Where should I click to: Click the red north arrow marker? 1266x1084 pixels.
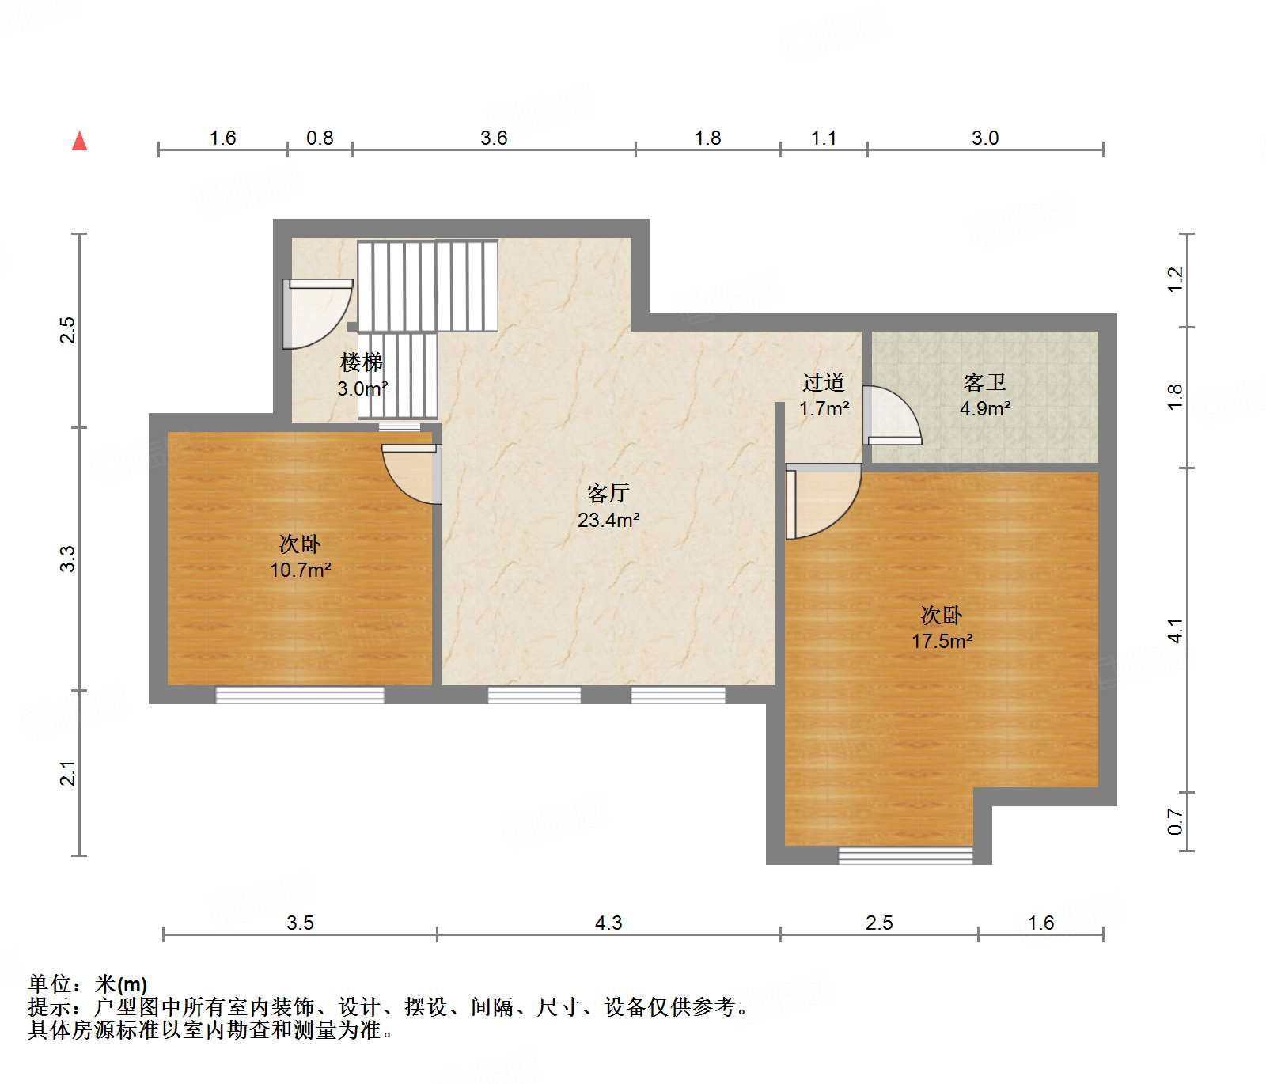79,141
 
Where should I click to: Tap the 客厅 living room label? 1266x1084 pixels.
608,494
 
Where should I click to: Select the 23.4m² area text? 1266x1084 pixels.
608,520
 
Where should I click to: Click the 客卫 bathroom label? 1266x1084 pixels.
985,383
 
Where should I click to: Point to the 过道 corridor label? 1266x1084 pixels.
824,383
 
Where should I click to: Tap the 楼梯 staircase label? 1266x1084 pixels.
362,362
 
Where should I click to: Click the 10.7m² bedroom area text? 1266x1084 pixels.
300,570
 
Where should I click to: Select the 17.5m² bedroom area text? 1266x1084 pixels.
942,641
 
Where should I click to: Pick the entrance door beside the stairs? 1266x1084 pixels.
316,313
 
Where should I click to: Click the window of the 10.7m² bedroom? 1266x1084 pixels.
300,695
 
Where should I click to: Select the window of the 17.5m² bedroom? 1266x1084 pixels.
905,855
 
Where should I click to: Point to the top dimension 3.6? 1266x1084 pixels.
494,138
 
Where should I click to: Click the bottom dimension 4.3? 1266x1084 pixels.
608,923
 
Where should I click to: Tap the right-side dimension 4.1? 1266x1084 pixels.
1175,631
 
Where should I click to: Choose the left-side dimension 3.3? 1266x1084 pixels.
69,559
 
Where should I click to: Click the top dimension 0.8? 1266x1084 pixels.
320,138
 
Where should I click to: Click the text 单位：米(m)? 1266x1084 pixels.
88,984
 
